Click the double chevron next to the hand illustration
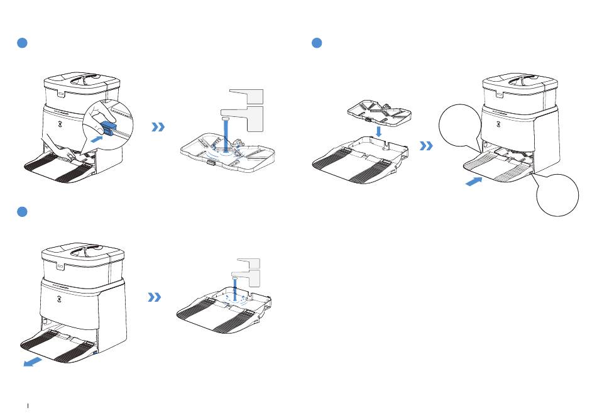[158, 127]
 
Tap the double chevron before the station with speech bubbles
[427, 146]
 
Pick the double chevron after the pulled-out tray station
[154, 297]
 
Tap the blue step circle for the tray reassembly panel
[317, 43]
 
